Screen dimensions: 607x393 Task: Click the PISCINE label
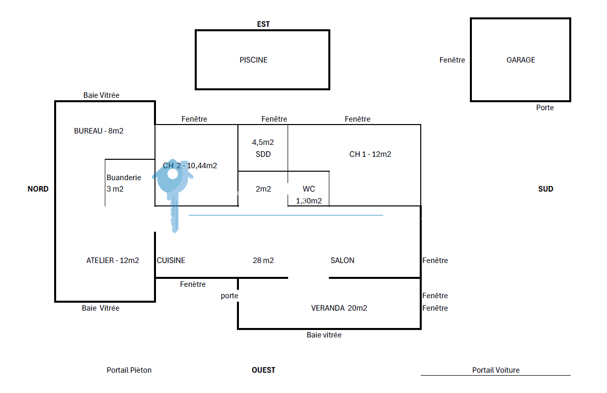coord(253,60)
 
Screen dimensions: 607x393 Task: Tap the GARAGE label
coord(521,60)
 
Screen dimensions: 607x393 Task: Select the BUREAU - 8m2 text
coord(99,131)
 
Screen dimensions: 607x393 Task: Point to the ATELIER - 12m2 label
coord(112,260)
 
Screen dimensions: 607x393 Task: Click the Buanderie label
coord(124,178)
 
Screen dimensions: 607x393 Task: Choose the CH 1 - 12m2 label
coord(370,154)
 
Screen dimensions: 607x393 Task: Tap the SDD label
coord(263,154)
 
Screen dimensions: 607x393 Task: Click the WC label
coord(308,189)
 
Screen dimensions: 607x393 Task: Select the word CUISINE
coord(171,260)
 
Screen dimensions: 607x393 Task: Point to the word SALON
coord(342,260)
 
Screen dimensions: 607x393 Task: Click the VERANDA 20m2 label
coord(339,308)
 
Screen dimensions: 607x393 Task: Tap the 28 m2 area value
coord(263,260)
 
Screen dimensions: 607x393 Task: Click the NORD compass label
coord(38,189)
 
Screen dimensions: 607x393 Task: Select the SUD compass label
coord(545,189)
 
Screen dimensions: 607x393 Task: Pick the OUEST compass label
coord(263,370)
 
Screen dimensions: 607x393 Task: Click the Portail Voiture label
coord(496,370)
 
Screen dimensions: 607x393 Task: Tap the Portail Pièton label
coord(129,370)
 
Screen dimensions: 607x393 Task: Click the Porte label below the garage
coord(545,108)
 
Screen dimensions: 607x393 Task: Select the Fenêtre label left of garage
coord(452,60)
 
